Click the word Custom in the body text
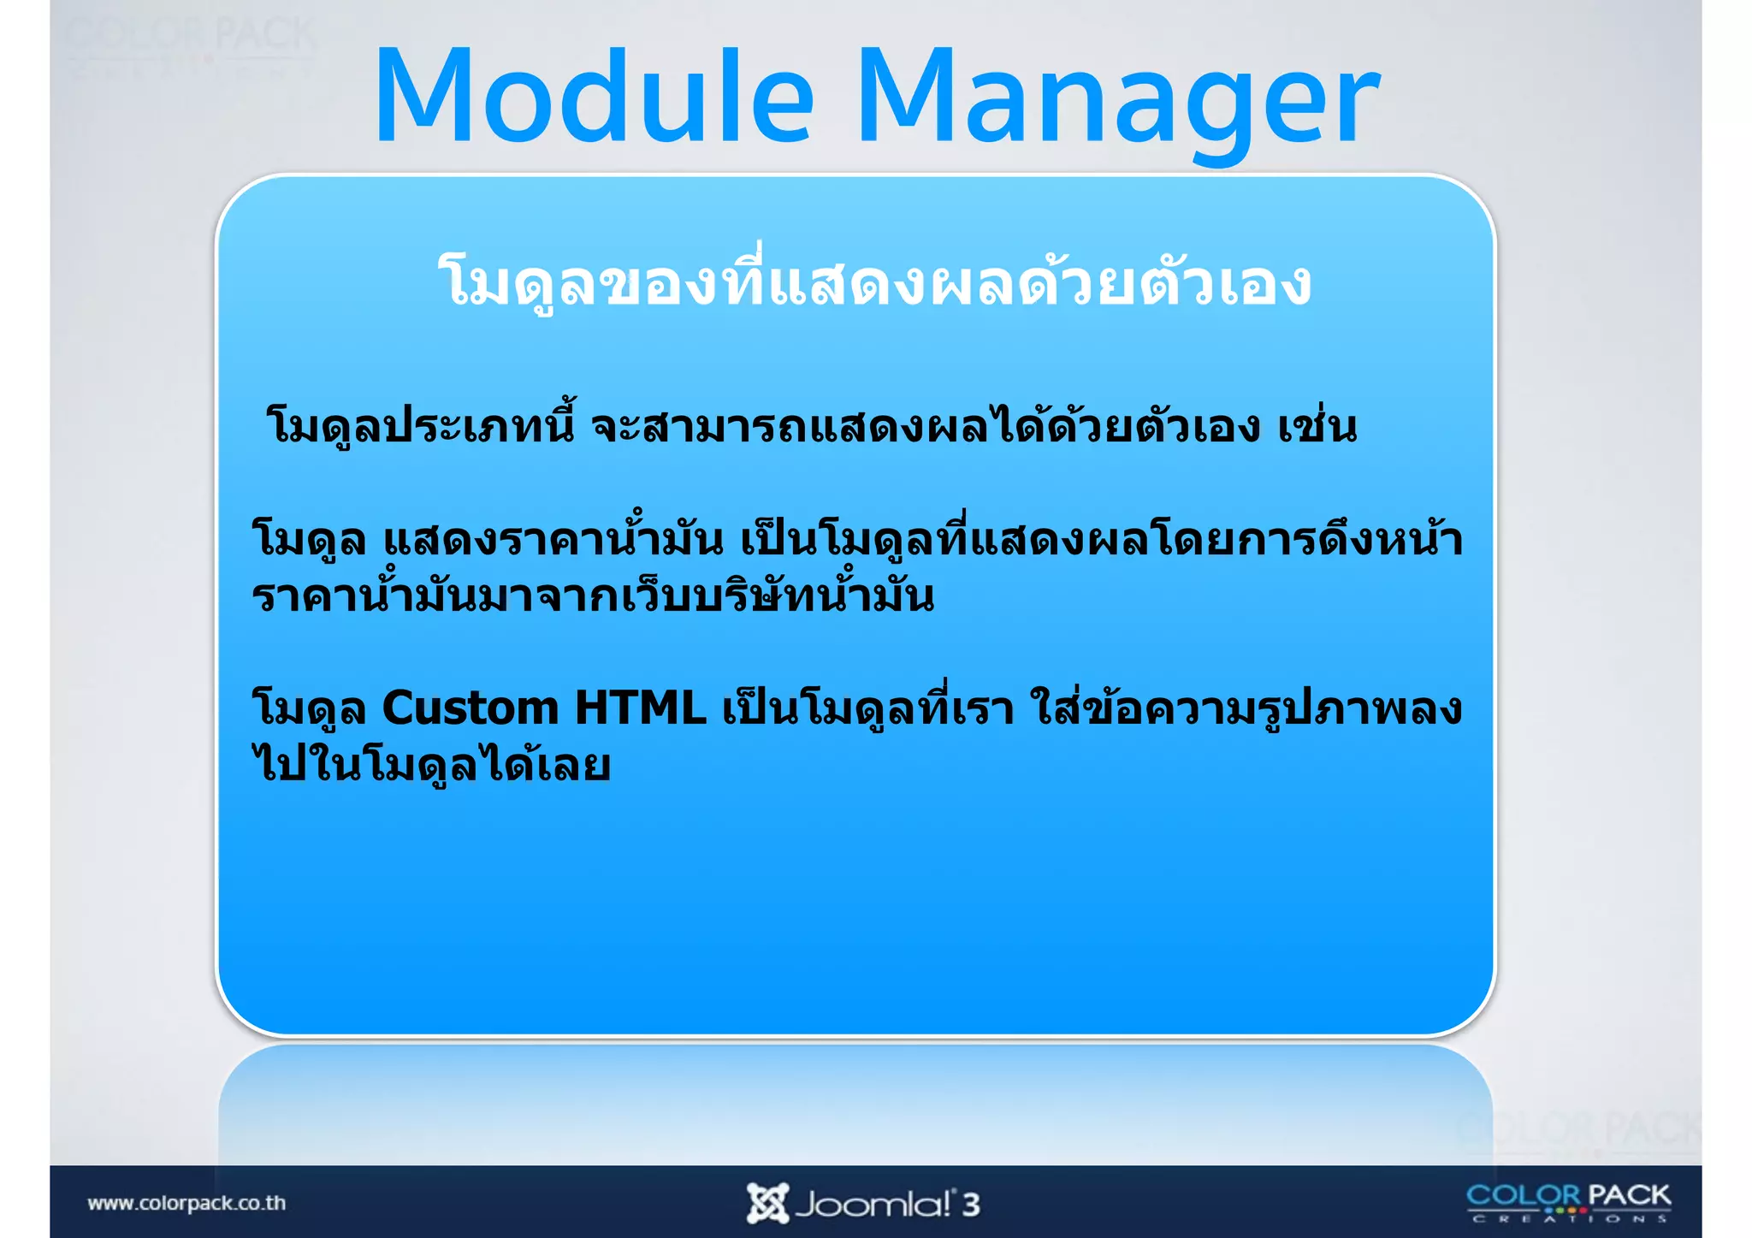[471, 708]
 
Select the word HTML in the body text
[640, 708]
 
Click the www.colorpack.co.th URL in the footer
[186, 1203]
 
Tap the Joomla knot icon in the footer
[766, 1203]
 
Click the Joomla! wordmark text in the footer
[873, 1205]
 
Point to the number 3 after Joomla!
[970, 1205]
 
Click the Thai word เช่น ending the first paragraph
[1317, 426]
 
